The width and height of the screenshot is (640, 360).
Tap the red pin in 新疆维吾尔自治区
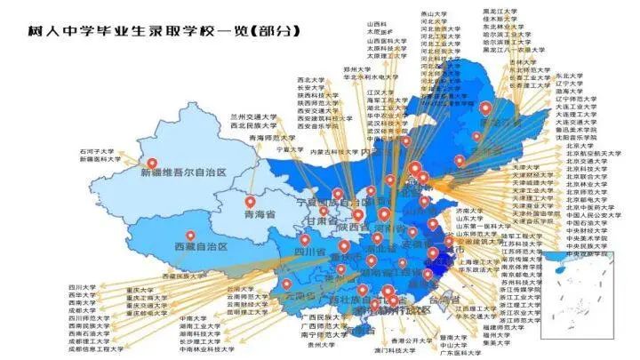152,164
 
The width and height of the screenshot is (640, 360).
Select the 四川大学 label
82,288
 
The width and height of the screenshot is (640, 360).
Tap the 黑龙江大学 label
504,12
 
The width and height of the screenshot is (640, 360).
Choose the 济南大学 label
468,211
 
